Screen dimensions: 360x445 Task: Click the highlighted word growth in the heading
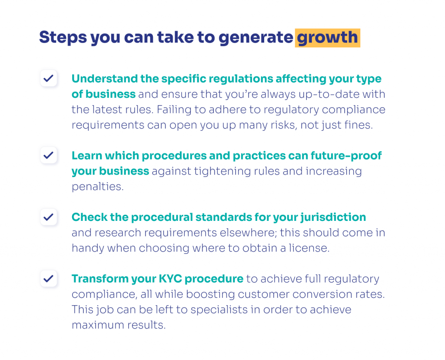click(x=327, y=38)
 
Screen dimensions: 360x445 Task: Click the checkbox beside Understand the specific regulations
click(x=49, y=79)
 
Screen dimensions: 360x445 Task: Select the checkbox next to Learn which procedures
click(x=49, y=155)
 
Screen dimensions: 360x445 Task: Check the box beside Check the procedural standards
click(x=49, y=217)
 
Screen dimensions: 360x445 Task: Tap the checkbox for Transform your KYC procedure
click(x=49, y=278)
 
